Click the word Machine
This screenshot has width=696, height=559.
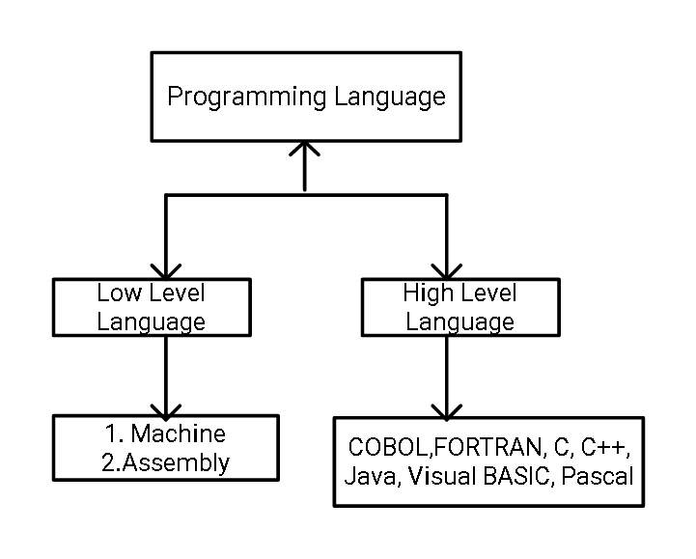coord(179,433)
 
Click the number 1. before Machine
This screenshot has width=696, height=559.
coord(114,433)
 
